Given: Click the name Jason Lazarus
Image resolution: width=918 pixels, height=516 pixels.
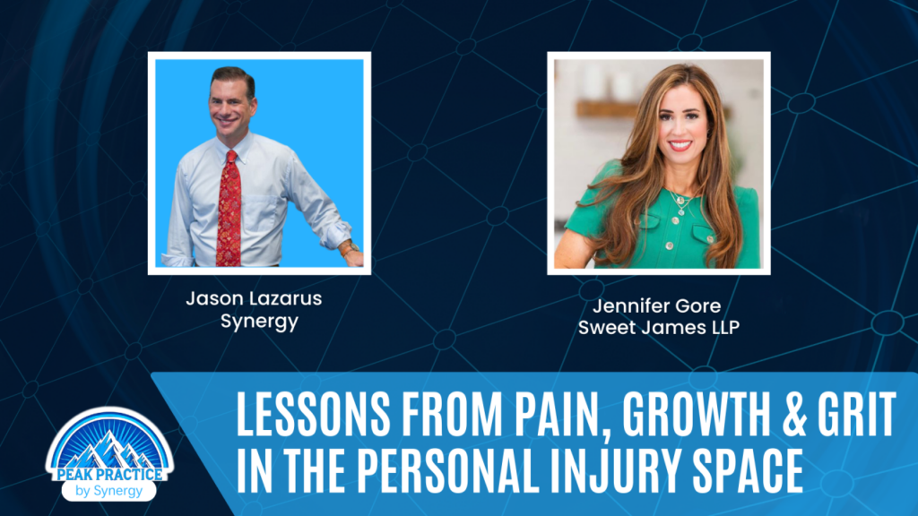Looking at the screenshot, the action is click(x=254, y=298).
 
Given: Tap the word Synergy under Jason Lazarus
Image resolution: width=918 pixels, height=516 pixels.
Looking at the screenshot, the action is click(x=259, y=322).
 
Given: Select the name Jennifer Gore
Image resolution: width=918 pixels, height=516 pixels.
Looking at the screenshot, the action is click(x=656, y=306).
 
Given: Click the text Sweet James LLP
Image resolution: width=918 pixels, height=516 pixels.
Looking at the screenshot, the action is click(x=659, y=328).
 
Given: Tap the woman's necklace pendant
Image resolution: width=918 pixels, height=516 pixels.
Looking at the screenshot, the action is click(x=680, y=202).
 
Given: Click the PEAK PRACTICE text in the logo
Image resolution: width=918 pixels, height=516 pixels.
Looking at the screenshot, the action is click(x=110, y=474).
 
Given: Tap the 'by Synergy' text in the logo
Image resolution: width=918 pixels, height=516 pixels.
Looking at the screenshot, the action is click(x=108, y=491).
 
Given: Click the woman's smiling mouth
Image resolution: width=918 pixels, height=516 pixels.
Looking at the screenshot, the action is click(x=680, y=144).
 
